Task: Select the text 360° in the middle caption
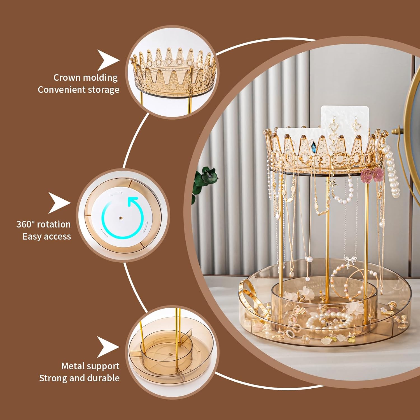pos(25,224)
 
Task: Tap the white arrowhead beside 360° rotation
pos(59,203)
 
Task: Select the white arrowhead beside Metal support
pos(108,347)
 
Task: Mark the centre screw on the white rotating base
pos(121,218)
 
